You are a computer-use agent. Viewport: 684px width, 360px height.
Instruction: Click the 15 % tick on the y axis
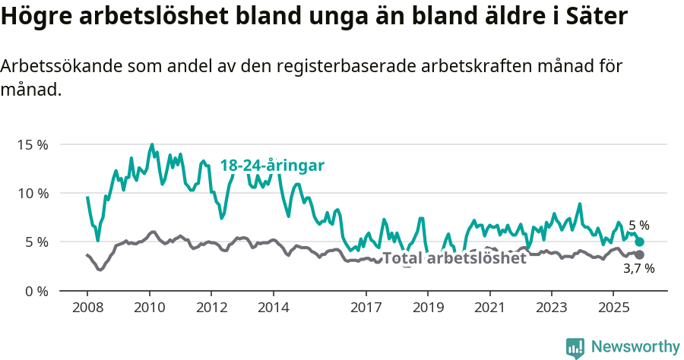click(x=32, y=144)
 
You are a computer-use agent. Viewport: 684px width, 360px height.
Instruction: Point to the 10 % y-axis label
click(x=32, y=193)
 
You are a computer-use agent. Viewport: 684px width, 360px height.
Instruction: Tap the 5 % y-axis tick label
click(x=36, y=242)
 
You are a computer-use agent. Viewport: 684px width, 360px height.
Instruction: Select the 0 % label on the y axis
click(x=36, y=291)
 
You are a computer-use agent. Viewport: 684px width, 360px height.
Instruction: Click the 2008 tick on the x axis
click(x=87, y=308)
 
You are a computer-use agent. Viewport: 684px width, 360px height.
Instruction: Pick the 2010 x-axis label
click(x=149, y=308)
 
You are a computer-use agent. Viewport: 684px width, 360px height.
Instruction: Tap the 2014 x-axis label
click(x=273, y=308)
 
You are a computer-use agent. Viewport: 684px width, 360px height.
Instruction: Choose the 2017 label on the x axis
click(x=366, y=308)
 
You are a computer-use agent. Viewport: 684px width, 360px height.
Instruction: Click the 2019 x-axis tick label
click(x=428, y=308)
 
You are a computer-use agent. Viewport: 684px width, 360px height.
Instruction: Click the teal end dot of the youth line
click(x=639, y=242)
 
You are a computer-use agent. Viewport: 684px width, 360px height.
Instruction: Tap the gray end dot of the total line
click(x=639, y=254)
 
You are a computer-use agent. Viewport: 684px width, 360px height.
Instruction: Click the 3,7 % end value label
click(x=638, y=269)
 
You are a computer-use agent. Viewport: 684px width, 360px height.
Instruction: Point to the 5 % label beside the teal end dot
click(x=638, y=226)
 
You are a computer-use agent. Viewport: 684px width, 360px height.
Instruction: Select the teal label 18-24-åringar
click(x=272, y=166)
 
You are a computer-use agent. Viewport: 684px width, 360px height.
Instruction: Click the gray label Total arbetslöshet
click(x=454, y=258)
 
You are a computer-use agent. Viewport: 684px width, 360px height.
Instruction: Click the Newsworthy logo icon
click(x=575, y=347)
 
